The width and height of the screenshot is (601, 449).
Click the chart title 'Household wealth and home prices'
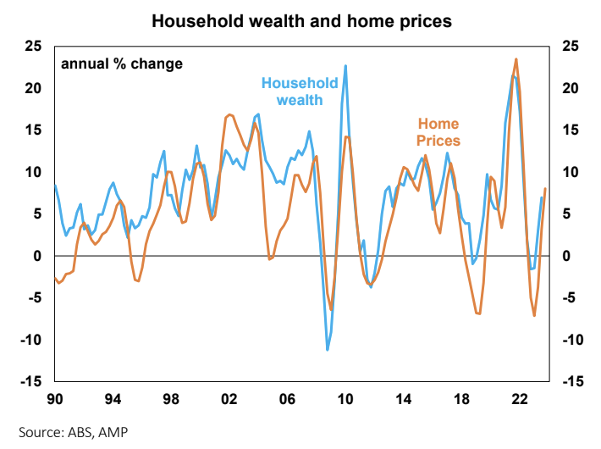tap(301, 19)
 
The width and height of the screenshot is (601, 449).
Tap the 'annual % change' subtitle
tap(121, 64)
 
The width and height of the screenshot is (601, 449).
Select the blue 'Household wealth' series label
tap(300, 91)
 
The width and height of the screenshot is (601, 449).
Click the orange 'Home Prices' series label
tap(438, 132)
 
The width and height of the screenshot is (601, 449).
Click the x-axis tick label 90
tap(56, 398)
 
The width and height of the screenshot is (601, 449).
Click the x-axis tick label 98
tap(171, 398)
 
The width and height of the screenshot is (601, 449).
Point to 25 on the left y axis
tap(33, 46)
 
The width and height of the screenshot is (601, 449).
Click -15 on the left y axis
tap(30, 381)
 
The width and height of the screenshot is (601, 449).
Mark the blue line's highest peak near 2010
tap(345, 65)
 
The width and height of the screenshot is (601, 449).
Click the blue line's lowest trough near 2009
tap(328, 350)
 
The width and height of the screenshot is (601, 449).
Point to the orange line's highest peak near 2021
tap(516, 58)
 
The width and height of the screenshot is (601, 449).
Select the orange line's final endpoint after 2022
tap(545, 188)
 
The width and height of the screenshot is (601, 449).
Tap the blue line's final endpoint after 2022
tap(542, 197)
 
